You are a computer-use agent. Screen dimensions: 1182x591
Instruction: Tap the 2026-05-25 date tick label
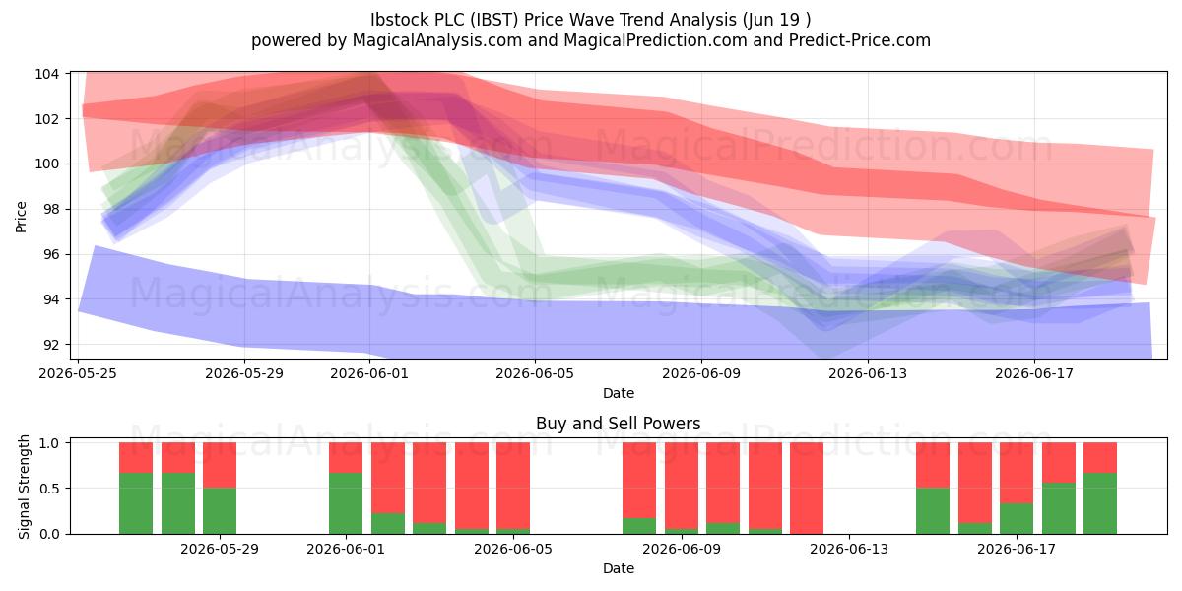click(78, 373)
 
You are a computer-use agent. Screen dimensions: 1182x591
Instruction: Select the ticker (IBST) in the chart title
click(492, 20)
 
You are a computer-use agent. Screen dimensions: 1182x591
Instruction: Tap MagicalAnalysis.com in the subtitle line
click(437, 40)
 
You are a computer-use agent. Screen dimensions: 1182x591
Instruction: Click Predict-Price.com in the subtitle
click(860, 40)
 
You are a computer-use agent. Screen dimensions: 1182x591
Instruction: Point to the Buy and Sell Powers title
click(618, 424)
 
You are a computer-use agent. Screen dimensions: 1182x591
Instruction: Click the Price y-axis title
click(21, 217)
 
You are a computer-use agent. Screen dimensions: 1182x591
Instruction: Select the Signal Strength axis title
click(24, 487)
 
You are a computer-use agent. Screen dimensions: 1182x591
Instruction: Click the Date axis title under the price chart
click(619, 393)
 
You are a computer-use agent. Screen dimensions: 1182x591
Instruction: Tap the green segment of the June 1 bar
click(346, 503)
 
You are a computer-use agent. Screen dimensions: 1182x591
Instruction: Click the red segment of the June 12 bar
click(807, 489)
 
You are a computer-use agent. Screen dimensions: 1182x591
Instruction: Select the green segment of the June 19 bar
click(1100, 503)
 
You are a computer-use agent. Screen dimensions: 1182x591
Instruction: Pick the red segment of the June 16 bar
click(974, 483)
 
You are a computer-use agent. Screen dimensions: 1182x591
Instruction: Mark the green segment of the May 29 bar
click(220, 511)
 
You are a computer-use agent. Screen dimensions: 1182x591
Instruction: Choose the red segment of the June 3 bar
click(429, 483)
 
